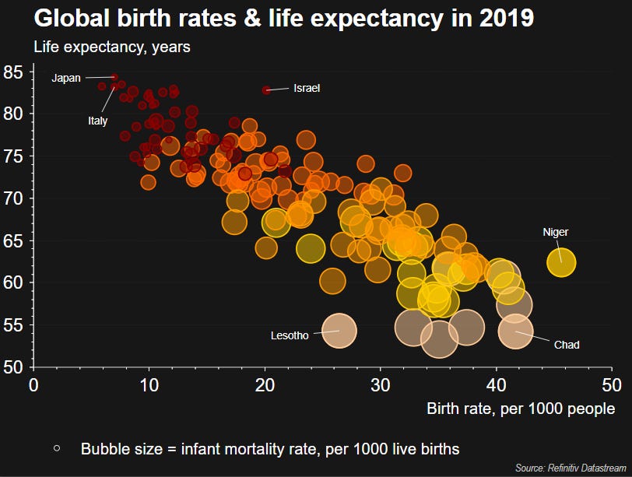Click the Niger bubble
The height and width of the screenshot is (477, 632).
click(561, 262)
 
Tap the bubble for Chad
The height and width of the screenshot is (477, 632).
click(515, 331)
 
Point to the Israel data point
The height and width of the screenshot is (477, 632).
click(266, 90)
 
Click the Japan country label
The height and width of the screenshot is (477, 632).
click(66, 78)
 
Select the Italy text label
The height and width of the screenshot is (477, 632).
click(98, 121)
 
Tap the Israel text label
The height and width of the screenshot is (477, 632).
click(307, 89)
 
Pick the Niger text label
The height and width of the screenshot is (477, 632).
click(556, 232)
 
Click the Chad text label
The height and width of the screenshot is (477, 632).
click(567, 345)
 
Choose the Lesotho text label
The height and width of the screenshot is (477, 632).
click(290, 336)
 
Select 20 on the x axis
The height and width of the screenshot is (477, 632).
click(265, 384)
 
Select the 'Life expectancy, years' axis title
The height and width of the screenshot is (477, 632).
click(112, 47)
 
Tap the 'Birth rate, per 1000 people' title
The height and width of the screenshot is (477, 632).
click(521, 409)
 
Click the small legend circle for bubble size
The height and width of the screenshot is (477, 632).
click(57, 448)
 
